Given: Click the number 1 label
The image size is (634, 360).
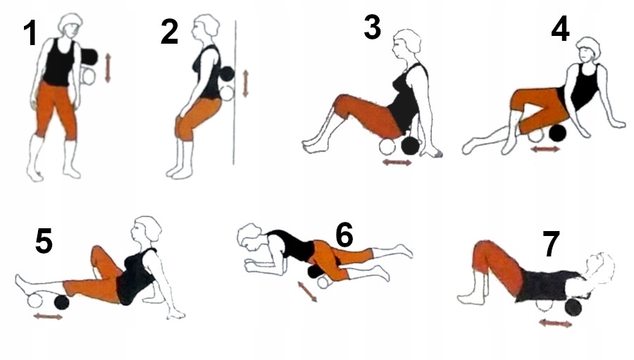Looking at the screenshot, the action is [x=30, y=33].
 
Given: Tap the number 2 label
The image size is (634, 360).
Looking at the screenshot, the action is [x=169, y=32].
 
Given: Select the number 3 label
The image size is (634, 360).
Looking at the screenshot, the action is [x=373, y=27].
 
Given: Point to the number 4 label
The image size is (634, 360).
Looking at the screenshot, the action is [x=561, y=29].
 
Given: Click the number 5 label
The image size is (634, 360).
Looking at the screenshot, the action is [x=44, y=241].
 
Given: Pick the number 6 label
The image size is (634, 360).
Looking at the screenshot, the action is [x=344, y=235].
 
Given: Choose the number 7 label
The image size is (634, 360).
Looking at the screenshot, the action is [x=551, y=244].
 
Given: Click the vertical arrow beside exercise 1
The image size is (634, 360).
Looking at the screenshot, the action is [x=108, y=68].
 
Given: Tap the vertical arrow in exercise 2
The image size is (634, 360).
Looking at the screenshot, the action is [x=245, y=84].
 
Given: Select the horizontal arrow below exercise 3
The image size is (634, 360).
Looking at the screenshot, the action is [x=397, y=163].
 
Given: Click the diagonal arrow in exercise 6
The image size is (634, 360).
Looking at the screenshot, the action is [x=307, y=292].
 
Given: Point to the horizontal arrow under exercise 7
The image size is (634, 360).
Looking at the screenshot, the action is [x=556, y=323].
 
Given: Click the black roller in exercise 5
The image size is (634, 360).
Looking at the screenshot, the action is [x=61, y=302].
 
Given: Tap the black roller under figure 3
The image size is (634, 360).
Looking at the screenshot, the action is [x=411, y=146].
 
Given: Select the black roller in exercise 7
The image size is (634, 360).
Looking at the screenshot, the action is [x=573, y=307].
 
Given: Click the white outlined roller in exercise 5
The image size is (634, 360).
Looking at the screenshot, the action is [x=35, y=302].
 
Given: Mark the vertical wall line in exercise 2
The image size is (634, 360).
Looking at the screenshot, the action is [x=235, y=92].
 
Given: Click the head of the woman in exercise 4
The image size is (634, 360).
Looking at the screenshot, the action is [x=588, y=50].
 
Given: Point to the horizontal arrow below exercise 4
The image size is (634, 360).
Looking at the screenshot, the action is [x=545, y=149].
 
